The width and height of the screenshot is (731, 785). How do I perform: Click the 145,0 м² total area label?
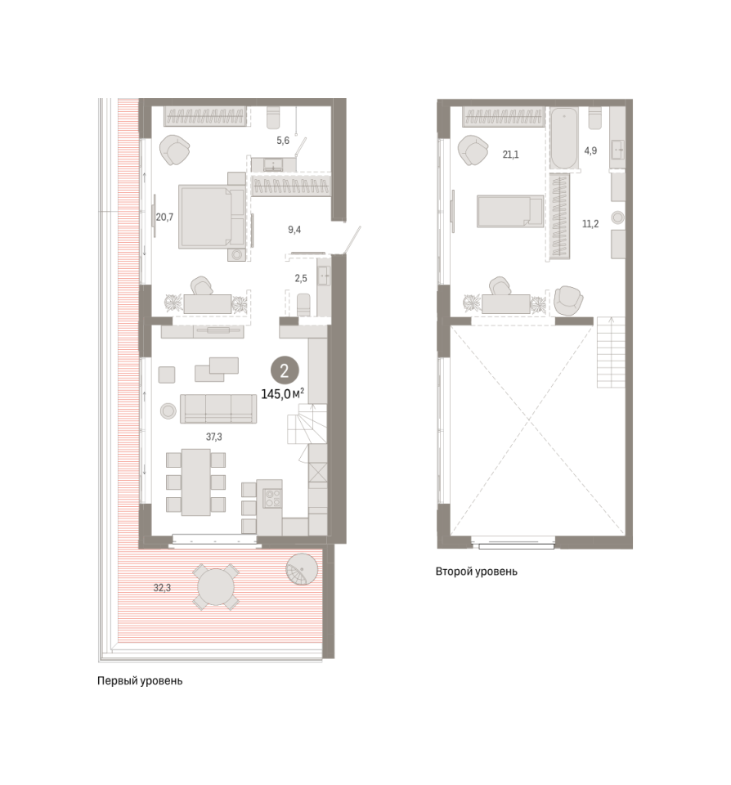pyautogui.click(x=283, y=394)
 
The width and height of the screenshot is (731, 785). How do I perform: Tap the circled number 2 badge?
pyautogui.click(x=285, y=371)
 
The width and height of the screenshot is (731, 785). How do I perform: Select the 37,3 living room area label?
pyautogui.click(x=213, y=437)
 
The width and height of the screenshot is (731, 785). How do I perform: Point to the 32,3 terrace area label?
pyautogui.click(x=162, y=588)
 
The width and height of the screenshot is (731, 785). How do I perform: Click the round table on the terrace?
pyautogui.click(x=216, y=587)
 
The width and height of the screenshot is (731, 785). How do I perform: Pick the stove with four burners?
pyautogui.click(x=272, y=498)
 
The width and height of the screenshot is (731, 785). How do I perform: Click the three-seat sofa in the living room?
pyautogui.click(x=218, y=409)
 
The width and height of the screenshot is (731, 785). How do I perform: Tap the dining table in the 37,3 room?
pyautogui.click(x=195, y=482)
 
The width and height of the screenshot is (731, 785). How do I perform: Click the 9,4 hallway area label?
pyautogui.click(x=294, y=230)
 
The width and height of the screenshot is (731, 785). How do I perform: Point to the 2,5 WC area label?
pyautogui.click(x=301, y=278)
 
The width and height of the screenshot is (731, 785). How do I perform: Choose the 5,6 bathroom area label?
pyautogui.click(x=283, y=140)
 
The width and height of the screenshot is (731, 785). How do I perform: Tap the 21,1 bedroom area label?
pyautogui.click(x=511, y=155)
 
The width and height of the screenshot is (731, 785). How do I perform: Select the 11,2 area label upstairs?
pyautogui.click(x=590, y=224)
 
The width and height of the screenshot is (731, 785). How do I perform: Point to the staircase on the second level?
pyautogui.click(x=611, y=352)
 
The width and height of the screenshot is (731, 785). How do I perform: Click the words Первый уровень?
pyautogui.click(x=140, y=681)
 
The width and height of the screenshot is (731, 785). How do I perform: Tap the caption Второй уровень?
pyautogui.click(x=476, y=572)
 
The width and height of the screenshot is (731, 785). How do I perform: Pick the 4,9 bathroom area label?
pyautogui.click(x=590, y=150)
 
